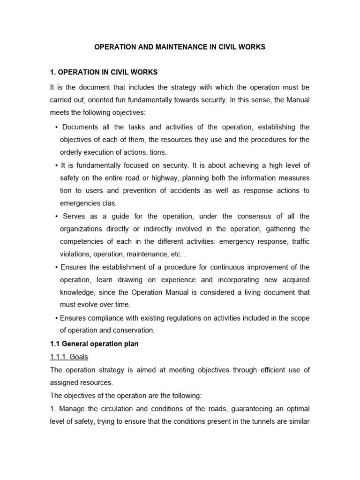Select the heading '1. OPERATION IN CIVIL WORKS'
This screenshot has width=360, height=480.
[x=104, y=72]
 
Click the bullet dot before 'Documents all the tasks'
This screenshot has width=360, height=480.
[x=56, y=127]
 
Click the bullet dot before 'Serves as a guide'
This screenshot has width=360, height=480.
[x=56, y=217]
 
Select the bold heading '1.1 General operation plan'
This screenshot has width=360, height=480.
[x=94, y=344]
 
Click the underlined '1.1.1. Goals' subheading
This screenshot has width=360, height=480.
[x=69, y=357]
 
